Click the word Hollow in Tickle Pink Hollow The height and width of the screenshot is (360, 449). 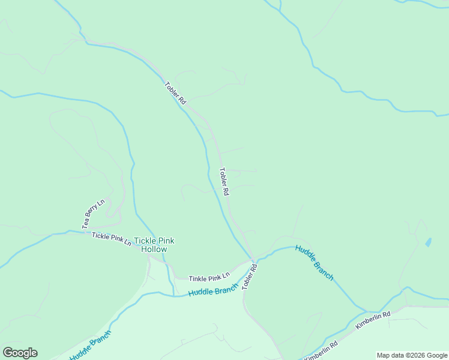click(154, 249)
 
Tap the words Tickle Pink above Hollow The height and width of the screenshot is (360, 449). click(154, 241)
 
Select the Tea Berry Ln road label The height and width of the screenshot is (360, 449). click(94, 214)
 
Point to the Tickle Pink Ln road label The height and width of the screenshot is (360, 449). click(112, 239)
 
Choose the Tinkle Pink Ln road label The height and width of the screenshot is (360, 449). click(209, 278)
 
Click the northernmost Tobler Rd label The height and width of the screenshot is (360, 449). click(175, 93)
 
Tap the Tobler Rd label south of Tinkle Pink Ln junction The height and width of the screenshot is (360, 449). click(250, 277)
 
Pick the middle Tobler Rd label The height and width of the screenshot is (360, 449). click(224, 182)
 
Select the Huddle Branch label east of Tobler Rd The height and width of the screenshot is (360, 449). click(315, 262)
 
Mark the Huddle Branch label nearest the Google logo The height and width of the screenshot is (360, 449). click(90, 346)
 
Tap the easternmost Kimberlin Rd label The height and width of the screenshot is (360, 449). click(373, 319)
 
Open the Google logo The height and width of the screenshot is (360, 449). click(20, 353)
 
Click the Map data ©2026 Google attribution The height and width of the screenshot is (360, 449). click(412, 355)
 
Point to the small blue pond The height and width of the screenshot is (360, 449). click(427, 242)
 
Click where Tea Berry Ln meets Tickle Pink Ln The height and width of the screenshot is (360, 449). click(85, 232)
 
